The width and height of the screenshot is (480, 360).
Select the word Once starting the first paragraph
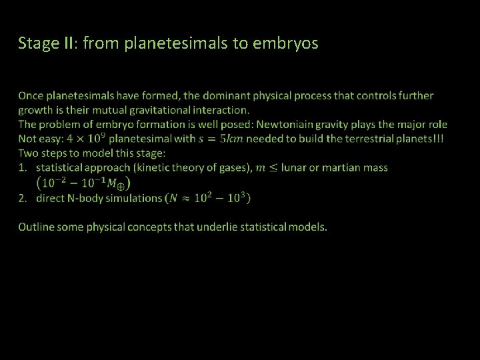(32, 96)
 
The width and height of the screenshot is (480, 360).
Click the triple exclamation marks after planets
(440, 139)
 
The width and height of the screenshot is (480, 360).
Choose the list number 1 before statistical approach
(23, 167)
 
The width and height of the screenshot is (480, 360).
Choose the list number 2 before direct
(23, 197)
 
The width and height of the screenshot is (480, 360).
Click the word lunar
(297, 167)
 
